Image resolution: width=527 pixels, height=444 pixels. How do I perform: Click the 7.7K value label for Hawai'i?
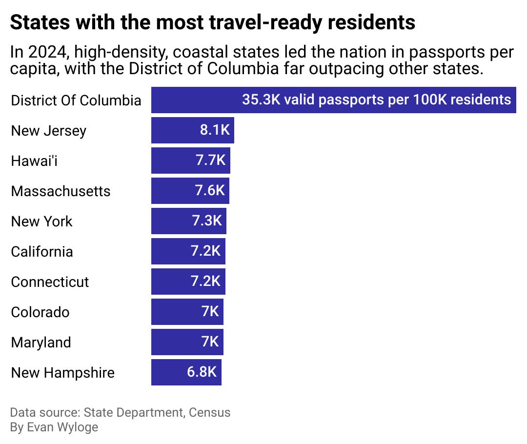211,161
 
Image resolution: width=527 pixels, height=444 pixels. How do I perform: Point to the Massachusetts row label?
61,191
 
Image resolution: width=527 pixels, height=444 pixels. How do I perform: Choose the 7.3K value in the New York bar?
207,221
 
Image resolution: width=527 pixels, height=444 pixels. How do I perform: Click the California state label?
42,252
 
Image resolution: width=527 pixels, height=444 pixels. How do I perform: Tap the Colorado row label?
40,312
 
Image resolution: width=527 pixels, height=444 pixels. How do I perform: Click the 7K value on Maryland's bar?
210,342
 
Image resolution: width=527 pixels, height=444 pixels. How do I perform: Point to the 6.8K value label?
202,372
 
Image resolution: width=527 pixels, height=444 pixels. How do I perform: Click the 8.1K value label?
215,130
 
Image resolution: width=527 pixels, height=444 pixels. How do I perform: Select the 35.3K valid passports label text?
376,100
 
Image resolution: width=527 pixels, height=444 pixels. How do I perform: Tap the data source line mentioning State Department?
120,412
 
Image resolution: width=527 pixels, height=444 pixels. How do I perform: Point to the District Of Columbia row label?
76,101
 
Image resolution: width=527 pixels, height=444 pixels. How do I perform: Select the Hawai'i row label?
34,161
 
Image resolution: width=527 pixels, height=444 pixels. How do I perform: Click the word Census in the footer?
209,412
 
